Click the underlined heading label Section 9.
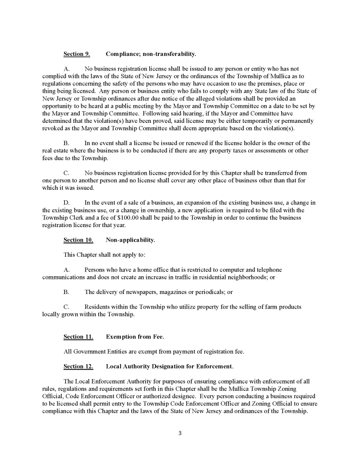pyautogui.click(x=76, y=54)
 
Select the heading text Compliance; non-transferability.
pyautogui.click(x=151, y=54)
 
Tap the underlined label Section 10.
pyautogui.click(x=78, y=240)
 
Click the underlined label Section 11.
pyautogui.click(x=78, y=337)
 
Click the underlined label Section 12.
pyautogui.click(x=78, y=366)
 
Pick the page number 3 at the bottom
pyautogui.click(x=180, y=433)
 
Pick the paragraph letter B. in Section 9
pyautogui.click(x=66, y=143)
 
